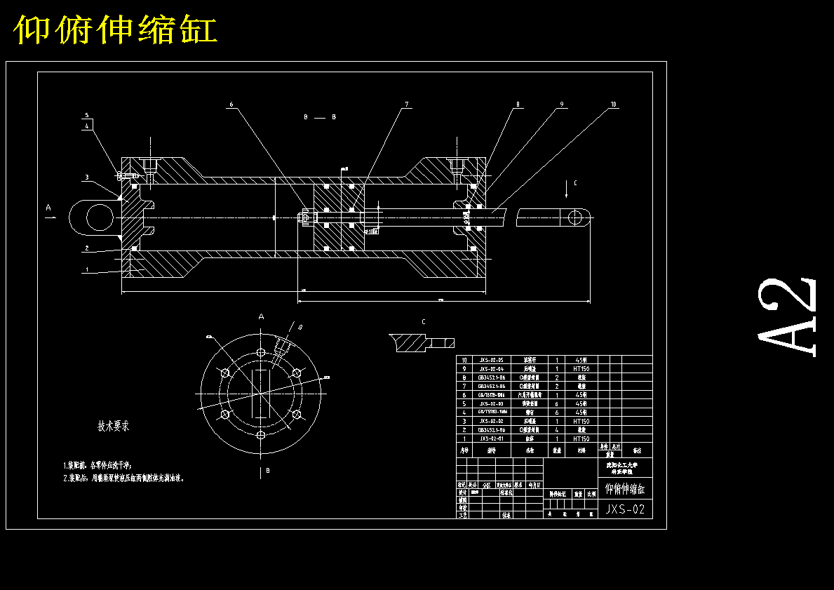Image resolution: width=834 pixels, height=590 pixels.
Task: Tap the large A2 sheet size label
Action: point(788,317)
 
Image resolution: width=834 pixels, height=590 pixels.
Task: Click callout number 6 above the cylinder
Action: point(230,105)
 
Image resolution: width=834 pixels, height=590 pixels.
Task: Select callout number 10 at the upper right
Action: point(614,105)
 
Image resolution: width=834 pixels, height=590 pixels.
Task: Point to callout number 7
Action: point(406,105)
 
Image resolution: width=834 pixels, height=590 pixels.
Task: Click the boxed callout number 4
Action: point(87,126)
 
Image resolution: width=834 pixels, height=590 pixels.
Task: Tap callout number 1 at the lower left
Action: point(87,269)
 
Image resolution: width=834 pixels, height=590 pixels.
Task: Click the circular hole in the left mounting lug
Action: point(97,216)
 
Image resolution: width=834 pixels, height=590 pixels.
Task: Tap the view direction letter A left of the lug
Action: point(48,208)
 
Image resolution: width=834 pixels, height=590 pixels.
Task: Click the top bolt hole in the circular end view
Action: point(261,351)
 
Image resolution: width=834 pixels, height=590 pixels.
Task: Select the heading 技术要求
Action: point(113,426)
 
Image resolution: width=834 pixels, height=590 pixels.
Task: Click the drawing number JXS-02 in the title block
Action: point(625,510)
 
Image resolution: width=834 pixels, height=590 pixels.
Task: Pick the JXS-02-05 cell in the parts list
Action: point(491,360)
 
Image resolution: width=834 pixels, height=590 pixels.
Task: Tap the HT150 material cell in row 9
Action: point(581,368)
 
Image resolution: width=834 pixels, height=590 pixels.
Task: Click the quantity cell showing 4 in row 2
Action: point(557,430)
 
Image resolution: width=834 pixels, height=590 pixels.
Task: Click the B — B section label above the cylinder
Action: point(319,117)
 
